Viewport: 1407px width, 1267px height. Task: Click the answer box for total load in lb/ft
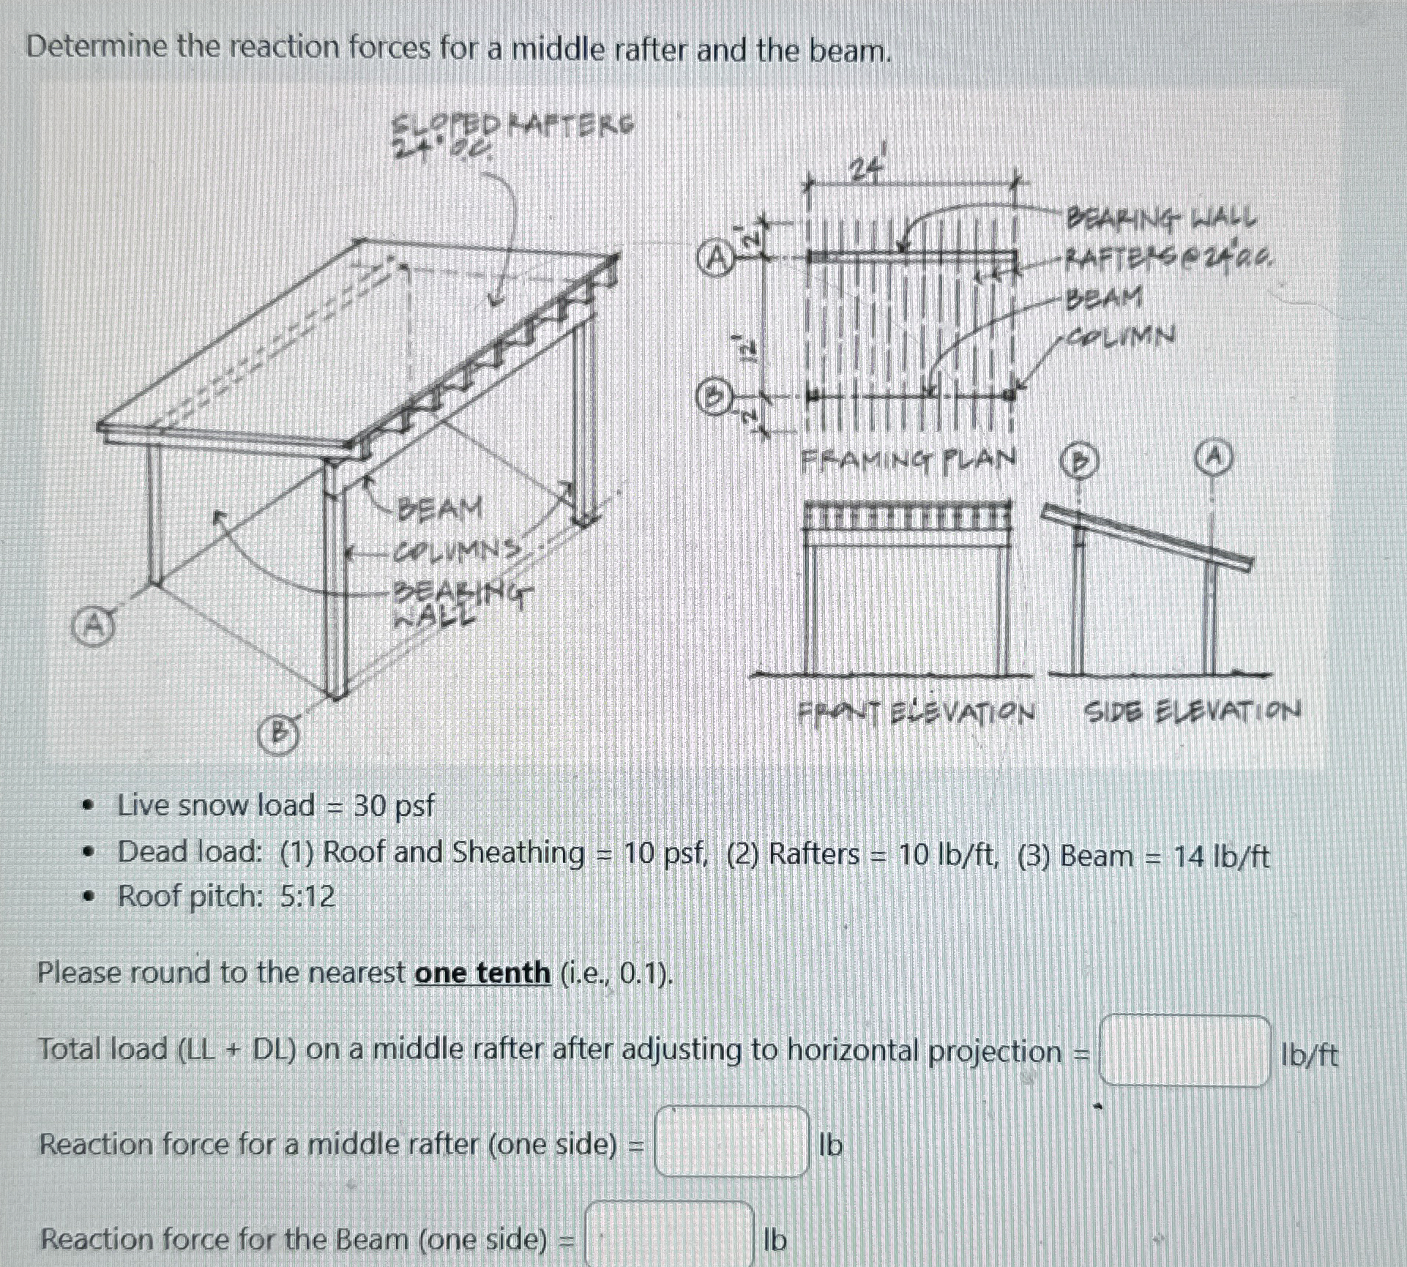[1184, 1051]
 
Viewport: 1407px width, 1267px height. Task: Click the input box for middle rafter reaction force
[731, 1142]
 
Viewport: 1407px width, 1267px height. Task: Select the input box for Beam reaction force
[670, 1237]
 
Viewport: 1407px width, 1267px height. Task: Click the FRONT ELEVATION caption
[917, 711]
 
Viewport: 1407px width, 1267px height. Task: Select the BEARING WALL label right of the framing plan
[1162, 217]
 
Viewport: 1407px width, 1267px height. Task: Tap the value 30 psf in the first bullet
[394, 805]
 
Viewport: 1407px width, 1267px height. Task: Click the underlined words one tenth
[482, 973]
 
